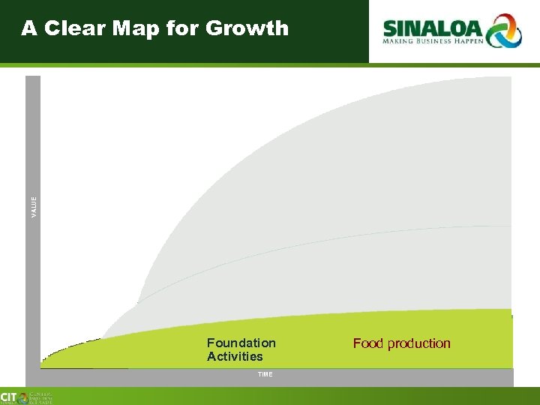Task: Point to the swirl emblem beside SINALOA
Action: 503,30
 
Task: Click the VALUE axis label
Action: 33,208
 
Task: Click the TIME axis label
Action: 265,373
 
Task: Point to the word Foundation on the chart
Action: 241,343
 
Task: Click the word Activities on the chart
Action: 235,356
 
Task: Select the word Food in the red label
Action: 367,343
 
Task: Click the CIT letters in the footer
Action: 9,397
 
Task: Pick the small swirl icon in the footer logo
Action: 24,397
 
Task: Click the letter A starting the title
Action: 28,28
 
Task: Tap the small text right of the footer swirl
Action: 42,397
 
